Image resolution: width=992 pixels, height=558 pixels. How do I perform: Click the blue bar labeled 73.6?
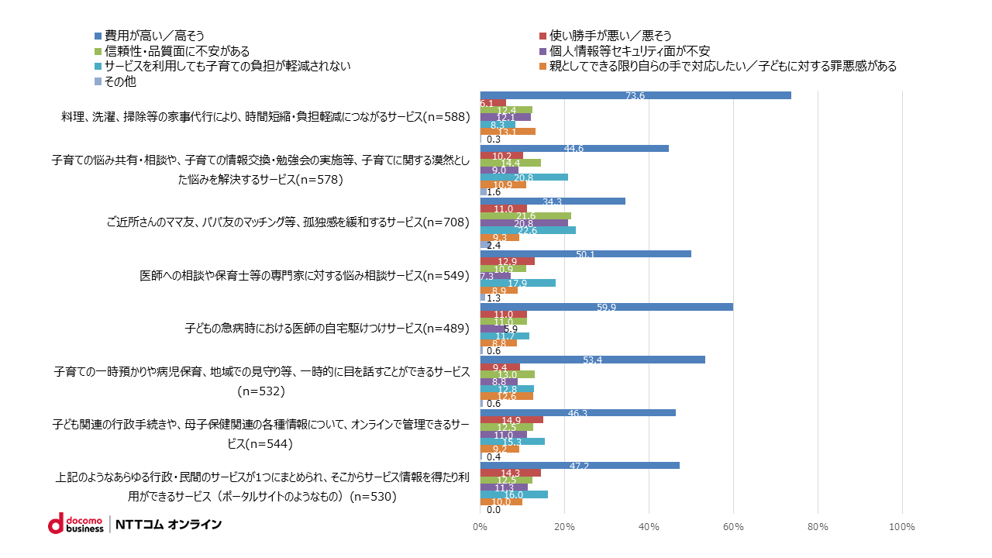[x=635, y=95]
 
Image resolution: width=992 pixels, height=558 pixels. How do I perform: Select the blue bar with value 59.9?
[x=606, y=306]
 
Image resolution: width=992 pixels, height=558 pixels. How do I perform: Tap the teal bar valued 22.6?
[x=528, y=230]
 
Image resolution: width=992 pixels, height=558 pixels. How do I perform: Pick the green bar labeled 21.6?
[x=525, y=215]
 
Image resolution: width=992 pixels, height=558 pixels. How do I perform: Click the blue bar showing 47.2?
[x=580, y=465]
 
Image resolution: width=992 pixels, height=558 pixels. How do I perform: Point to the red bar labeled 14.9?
[x=511, y=420]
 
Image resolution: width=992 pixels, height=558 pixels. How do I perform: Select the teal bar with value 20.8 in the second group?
[x=524, y=177]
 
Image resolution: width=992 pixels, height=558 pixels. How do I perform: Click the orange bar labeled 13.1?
[x=508, y=132]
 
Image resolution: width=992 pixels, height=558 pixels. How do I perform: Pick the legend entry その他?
[x=115, y=81]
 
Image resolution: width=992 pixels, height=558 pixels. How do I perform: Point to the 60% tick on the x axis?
[x=733, y=527]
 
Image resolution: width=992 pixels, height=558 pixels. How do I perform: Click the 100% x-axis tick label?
[x=902, y=527]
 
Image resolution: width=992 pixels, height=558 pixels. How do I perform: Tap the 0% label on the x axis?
[x=480, y=527]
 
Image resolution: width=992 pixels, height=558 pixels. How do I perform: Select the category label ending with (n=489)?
[x=327, y=328]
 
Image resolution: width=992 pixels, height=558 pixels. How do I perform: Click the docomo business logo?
[x=75, y=524]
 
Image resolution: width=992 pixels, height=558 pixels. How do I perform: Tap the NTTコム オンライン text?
[x=169, y=525]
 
